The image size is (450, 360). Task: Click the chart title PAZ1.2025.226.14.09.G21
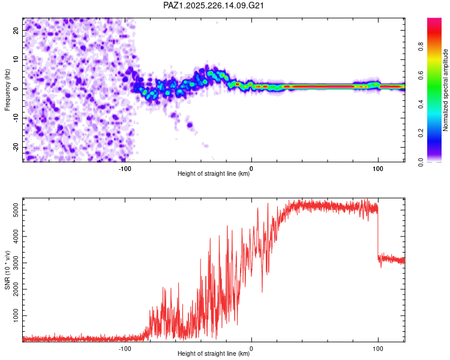coord(213,5)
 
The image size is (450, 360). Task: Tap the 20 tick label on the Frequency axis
coord(16,30)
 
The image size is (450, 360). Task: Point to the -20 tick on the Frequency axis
coord(16,147)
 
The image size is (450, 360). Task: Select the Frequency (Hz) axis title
coord(7,90)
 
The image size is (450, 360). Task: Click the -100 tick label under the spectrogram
coord(125,169)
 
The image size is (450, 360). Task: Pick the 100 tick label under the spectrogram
coord(378,169)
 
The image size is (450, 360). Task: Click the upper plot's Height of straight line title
coord(214,173)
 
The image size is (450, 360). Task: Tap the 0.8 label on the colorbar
coord(421,46)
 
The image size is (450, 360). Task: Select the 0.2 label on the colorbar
coord(421,133)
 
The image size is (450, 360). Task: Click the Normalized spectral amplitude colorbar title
coord(445,90)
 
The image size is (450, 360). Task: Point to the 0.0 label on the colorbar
coord(421,162)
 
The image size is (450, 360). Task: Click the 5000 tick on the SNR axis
coord(16,210)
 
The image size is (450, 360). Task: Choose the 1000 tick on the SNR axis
coord(16,316)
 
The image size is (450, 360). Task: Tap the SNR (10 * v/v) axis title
coord(7,270)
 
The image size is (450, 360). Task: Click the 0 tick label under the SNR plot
coord(251,349)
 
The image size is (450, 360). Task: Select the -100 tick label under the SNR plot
coord(125,349)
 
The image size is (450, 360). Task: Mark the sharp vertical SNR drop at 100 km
coord(378,233)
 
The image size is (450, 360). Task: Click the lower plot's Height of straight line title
coord(214,353)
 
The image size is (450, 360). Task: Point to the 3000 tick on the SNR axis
coord(16,263)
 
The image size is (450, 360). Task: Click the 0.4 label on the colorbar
coord(421,104)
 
